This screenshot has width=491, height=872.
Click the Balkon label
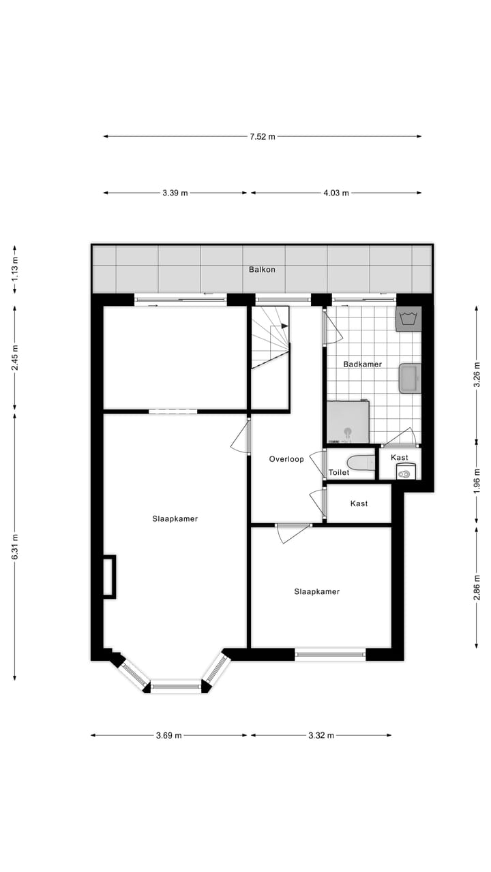pos(262,270)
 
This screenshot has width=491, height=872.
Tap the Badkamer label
pos(362,364)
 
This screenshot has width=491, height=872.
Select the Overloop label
pos(286,459)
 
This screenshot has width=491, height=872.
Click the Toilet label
pos(339,472)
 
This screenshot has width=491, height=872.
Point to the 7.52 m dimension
pos(262,136)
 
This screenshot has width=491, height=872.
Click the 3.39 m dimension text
pos(175,193)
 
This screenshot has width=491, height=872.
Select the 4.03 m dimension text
pos(336,193)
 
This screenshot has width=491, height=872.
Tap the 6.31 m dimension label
pos(15,546)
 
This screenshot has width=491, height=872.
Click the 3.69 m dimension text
pos(168,735)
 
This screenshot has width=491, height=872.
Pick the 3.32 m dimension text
pos(321,735)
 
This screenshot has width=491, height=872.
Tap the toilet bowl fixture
pos(361,463)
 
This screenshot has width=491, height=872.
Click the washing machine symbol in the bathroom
pos(408,319)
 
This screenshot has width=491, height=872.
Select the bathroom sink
pos(410,378)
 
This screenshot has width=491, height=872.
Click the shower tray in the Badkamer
pos(348,422)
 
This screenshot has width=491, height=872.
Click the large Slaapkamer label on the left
pos(175,518)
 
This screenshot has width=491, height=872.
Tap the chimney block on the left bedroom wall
pos(109,576)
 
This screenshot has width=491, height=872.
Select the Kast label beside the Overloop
pos(359,503)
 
